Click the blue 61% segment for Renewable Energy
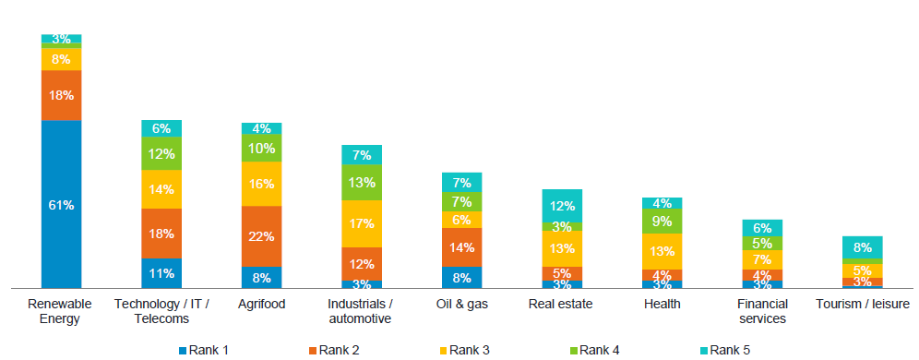pyautogui.click(x=61, y=204)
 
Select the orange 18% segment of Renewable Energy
pyautogui.click(x=61, y=95)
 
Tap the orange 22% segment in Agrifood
pyautogui.click(x=261, y=236)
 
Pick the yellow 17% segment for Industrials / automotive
pyautogui.click(x=361, y=223)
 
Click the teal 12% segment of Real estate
pyautogui.click(x=562, y=205)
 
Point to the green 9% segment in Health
pyautogui.click(x=662, y=221)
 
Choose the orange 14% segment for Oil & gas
pyautogui.click(x=461, y=247)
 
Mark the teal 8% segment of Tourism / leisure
pyautogui.click(x=862, y=246)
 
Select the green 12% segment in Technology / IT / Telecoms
pyautogui.click(x=161, y=154)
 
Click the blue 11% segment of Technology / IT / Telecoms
pyautogui.click(x=161, y=273)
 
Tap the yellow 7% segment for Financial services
pyautogui.click(x=762, y=259)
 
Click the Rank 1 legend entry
pyautogui.click(x=203, y=350)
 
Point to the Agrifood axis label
pyautogui.click(x=261, y=304)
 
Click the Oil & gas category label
pyautogui.click(x=461, y=304)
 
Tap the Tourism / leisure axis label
pyautogui.click(x=862, y=304)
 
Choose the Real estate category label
pyautogui.click(x=562, y=304)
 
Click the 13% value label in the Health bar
pyautogui.click(x=662, y=251)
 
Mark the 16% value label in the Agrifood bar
pyautogui.click(x=261, y=184)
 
